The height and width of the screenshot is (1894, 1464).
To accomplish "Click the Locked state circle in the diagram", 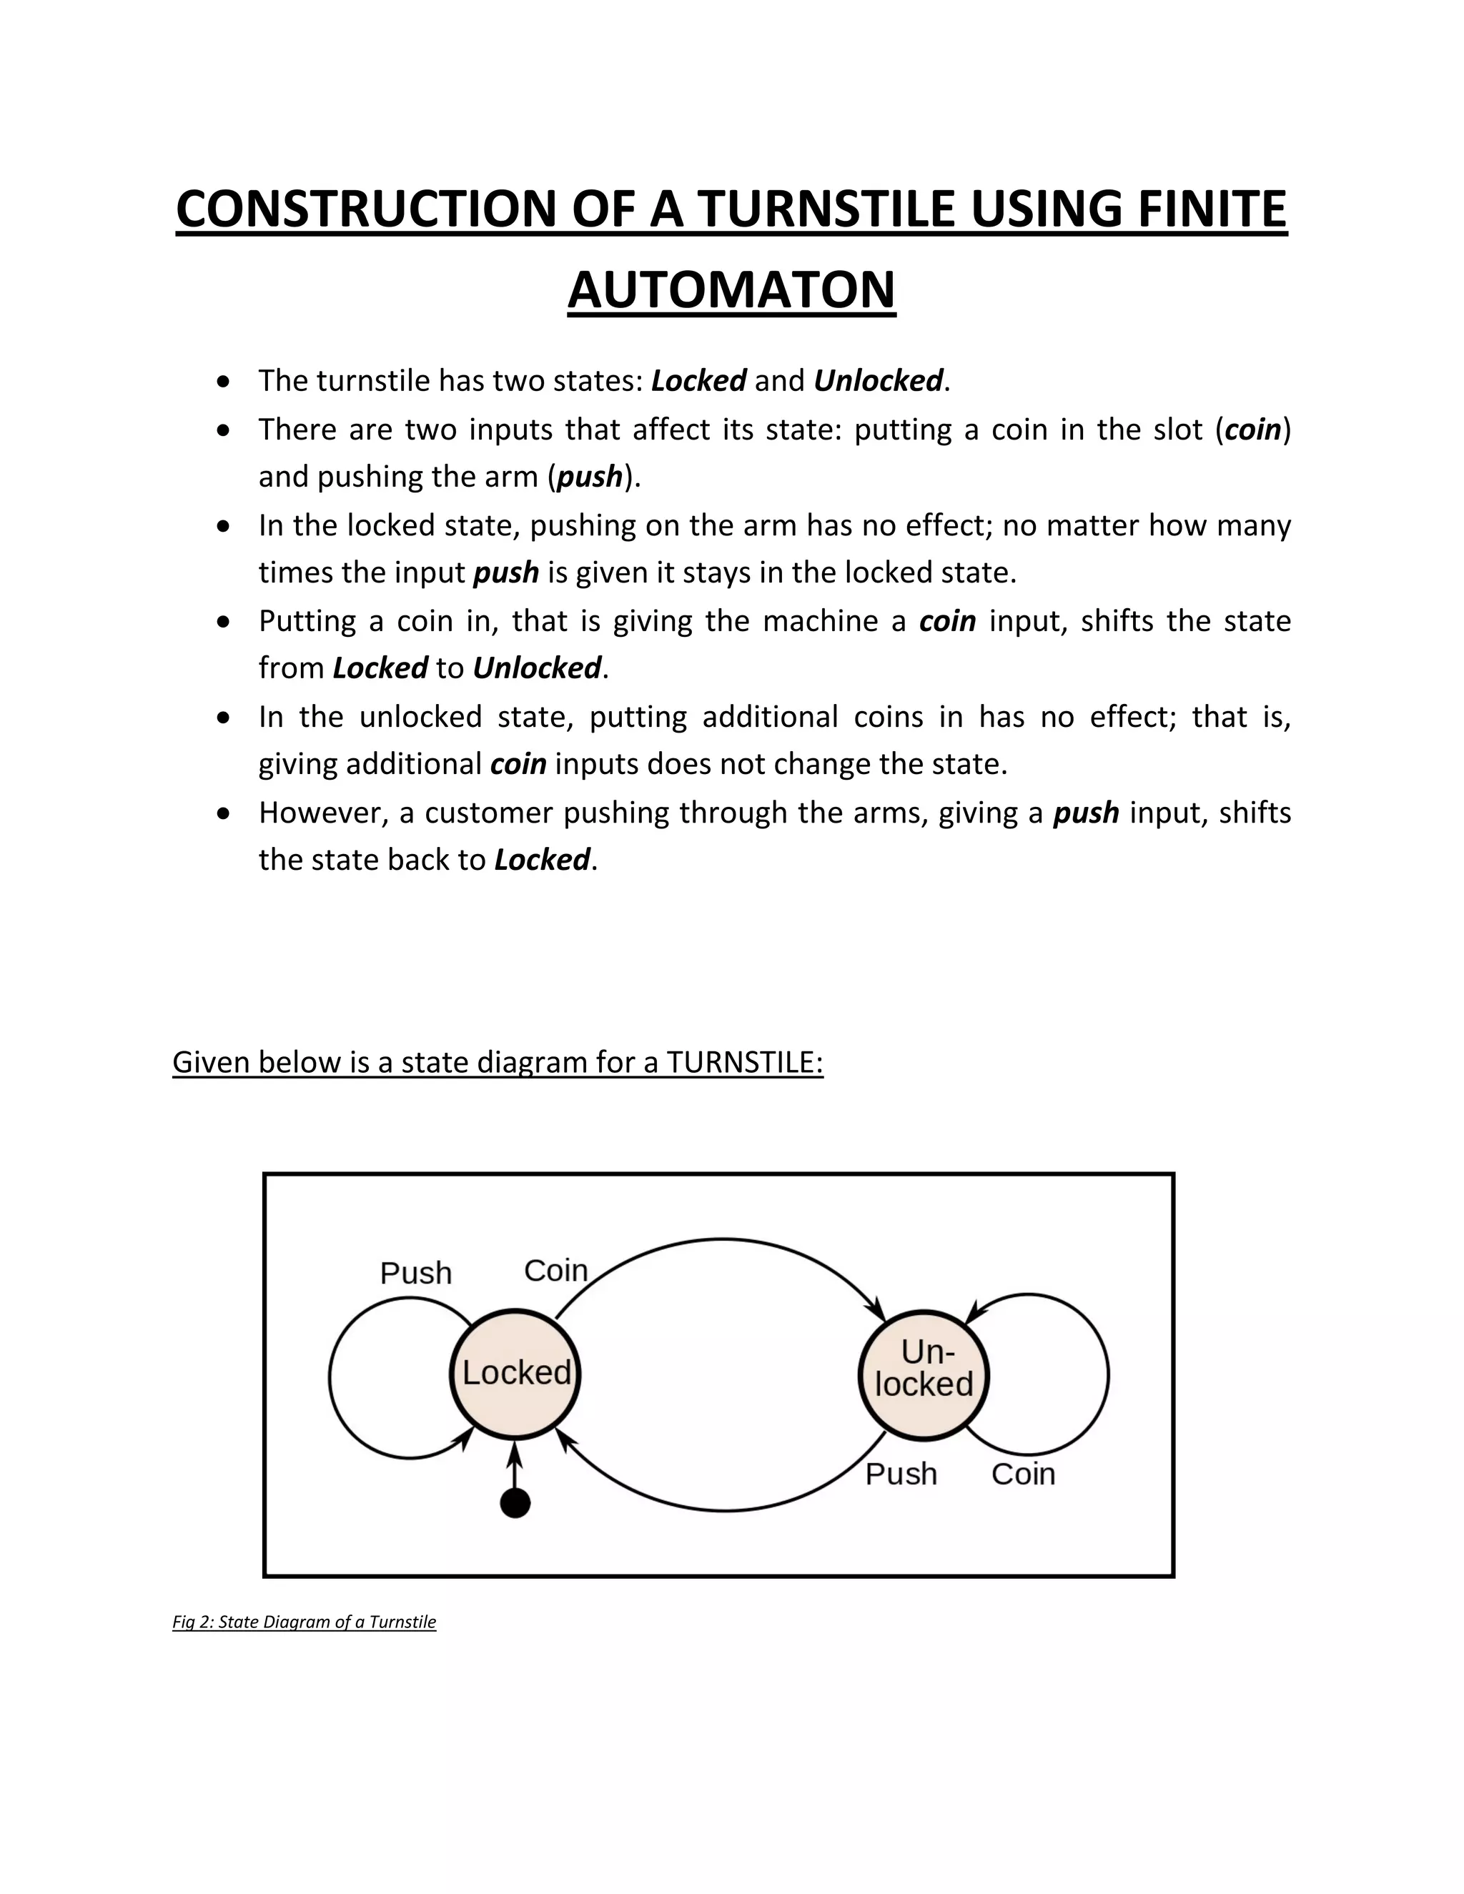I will pos(516,1374).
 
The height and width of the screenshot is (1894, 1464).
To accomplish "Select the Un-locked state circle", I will pos(924,1374).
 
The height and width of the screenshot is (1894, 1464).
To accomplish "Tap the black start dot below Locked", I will pos(515,1503).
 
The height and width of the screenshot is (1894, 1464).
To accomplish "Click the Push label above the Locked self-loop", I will pos(416,1273).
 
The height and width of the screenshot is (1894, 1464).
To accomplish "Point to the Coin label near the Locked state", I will pos(556,1271).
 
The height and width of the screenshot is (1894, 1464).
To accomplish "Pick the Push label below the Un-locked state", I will pos(901,1474).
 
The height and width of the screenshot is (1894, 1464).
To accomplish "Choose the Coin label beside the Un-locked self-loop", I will pos(1024,1474).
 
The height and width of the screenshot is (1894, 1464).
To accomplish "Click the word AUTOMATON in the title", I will pos(731,289).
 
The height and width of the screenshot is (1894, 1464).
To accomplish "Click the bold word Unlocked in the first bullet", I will pos(878,381).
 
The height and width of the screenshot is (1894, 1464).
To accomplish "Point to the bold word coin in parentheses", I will pos(1253,430).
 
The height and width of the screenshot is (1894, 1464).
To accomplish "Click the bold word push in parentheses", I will pos(590,477).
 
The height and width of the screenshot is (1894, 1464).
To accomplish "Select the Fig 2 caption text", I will pos(305,1622).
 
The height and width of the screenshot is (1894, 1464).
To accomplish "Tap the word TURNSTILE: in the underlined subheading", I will pos(744,1062).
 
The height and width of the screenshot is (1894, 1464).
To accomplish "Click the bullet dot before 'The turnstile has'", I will pos(224,382).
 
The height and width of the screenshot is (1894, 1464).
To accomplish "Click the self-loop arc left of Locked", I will pos(330,1377).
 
